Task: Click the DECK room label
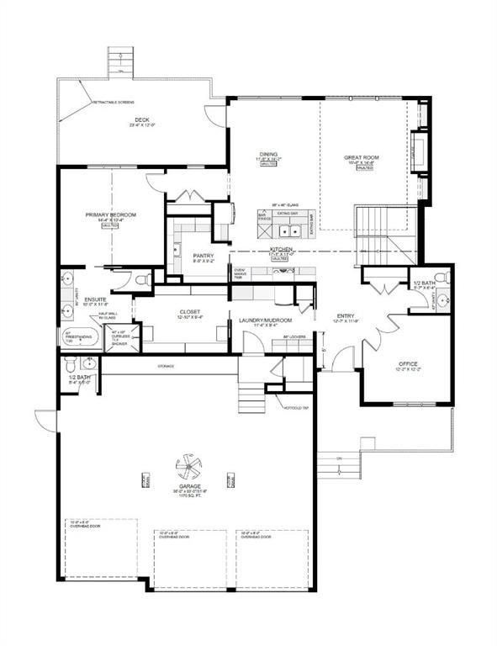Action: (140, 120)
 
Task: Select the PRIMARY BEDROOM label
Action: (110, 215)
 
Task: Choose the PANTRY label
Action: (203, 256)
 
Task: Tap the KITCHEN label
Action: (280, 250)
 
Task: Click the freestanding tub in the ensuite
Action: (81, 338)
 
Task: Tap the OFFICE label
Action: (408, 365)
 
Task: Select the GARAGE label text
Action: (185, 487)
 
